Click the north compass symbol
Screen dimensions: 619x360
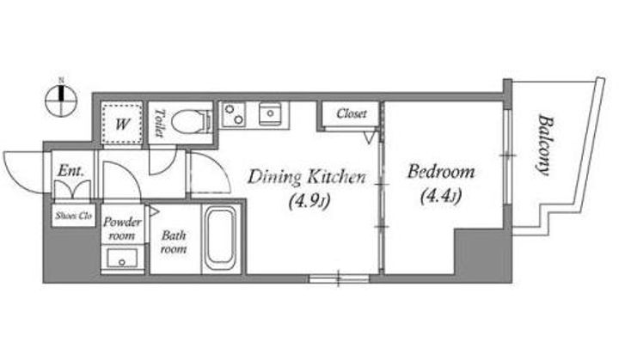61,100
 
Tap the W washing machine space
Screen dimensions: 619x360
121,123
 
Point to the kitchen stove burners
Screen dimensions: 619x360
233,114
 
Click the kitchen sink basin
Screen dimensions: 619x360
271,113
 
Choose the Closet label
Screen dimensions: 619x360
352,113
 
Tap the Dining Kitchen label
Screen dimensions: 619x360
307,177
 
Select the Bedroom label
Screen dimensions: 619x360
441,172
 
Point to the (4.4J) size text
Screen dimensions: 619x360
440,196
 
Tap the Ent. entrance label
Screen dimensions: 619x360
70,171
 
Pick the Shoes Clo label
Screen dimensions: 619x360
74,216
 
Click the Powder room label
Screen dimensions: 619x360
122,229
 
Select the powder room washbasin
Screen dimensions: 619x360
122,258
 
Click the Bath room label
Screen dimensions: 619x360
174,242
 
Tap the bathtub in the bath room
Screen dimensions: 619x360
220,238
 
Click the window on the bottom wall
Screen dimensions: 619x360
339,278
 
